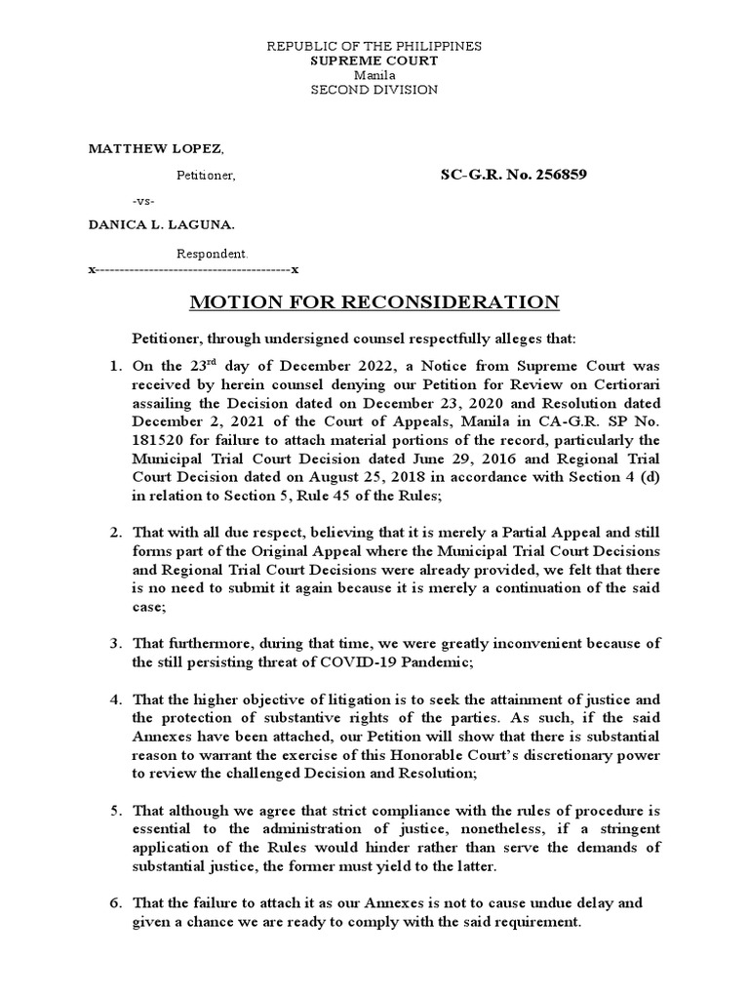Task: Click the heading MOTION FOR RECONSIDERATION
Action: click(374, 301)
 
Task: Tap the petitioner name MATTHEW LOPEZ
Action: click(156, 148)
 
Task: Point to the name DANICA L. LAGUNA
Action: click(162, 224)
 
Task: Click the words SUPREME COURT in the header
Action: click(374, 60)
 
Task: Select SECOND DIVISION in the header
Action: click(374, 90)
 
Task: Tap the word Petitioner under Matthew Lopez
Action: click(205, 177)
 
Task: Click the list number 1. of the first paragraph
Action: click(116, 368)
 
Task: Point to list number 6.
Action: click(116, 903)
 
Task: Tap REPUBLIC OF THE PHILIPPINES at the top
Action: click(374, 46)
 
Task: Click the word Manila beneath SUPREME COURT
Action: click(374, 75)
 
